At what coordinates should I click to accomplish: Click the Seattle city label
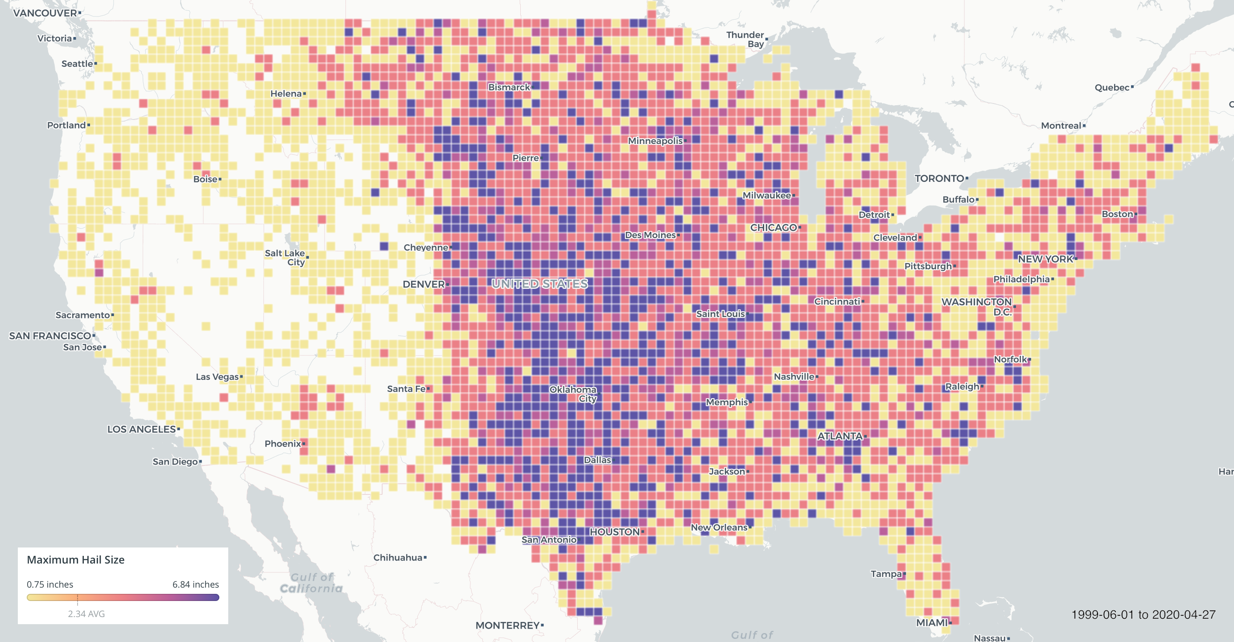77,64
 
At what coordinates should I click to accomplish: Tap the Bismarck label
509,87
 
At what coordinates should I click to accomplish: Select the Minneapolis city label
655,141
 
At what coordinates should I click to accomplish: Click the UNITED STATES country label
539,284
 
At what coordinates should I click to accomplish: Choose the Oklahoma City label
573,394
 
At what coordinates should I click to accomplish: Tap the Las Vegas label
217,377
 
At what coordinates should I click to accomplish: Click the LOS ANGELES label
141,429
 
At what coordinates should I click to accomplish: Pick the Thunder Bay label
745,39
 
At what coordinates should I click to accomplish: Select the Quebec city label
1112,88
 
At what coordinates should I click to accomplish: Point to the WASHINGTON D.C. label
977,307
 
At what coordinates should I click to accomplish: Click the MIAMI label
932,622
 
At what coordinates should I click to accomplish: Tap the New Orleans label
719,527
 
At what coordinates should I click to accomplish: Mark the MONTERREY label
507,625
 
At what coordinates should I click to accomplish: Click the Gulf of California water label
311,583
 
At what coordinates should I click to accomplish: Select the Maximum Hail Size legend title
76,560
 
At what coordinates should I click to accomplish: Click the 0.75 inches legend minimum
50,584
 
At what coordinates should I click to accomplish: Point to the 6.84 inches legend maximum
195,584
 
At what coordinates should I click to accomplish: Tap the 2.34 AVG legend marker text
86,614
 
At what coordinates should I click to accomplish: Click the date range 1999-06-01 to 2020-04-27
1143,615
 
